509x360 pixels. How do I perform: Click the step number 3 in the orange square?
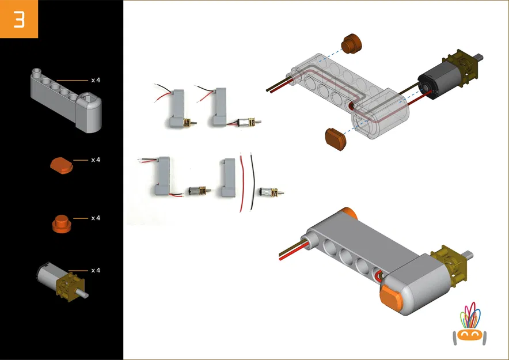[x=19, y=19]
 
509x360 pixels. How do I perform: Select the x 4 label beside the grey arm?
[x=96, y=79]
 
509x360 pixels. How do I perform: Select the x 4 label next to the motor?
[x=96, y=270]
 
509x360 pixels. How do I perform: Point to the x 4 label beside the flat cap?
[x=96, y=160]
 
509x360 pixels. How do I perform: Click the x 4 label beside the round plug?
[x=96, y=218]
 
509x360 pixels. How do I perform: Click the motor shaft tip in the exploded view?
[x=481, y=58]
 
